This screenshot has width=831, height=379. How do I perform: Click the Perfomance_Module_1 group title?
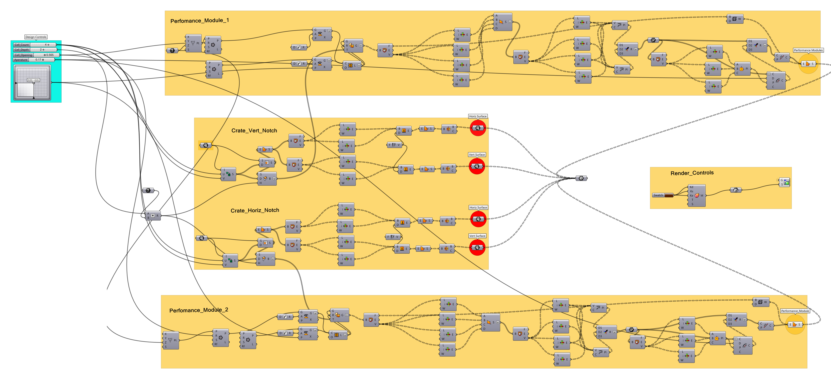[x=200, y=21]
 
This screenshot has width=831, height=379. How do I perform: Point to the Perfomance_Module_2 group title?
[x=199, y=310]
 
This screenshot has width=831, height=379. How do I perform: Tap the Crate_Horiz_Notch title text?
[x=255, y=210]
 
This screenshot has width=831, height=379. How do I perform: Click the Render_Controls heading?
[x=692, y=173]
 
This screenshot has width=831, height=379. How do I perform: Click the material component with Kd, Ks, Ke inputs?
[x=697, y=195]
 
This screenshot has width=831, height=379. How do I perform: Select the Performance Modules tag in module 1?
[x=808, y=50]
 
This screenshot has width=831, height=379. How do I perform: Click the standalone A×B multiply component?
[x=153, y=215]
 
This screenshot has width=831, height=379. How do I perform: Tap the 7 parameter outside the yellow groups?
[x=148, y=190]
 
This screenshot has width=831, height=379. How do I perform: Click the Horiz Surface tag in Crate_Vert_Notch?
[x=478, y=116]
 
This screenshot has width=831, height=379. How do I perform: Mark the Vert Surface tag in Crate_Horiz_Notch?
[x=477, y=236]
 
